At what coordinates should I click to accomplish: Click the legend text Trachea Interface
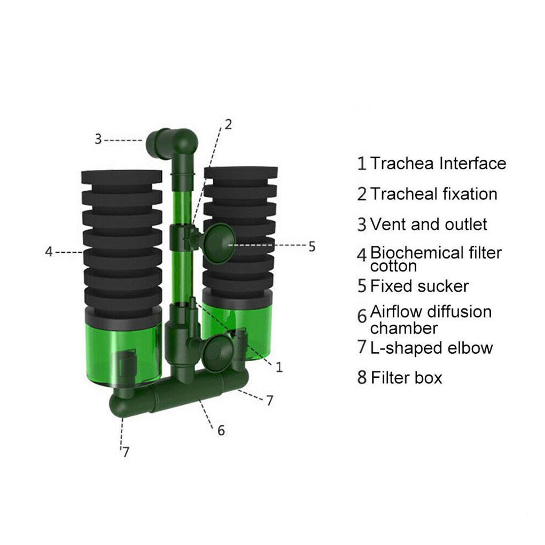(x=438, y=163)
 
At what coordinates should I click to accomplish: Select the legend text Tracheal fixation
(x=434, y=193)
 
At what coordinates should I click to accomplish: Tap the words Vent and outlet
(x=429, y=224)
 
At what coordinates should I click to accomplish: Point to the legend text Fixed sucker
(x=419, y=286)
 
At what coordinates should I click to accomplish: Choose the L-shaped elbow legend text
(x=431, y=348)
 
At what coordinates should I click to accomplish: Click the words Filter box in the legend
(x=407, y=378)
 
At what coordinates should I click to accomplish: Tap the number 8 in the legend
(x=362, y=378)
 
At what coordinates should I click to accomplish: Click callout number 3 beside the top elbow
(x=98, y=139)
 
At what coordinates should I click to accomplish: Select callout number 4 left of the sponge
(x=49, y=251)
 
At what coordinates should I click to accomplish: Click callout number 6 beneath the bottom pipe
(x=221, y=430)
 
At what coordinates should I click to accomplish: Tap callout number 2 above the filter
(x=228, y=124)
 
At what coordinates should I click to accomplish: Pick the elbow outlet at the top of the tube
(x=172, y=143)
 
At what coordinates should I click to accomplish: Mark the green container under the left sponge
(x=123, y=353)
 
